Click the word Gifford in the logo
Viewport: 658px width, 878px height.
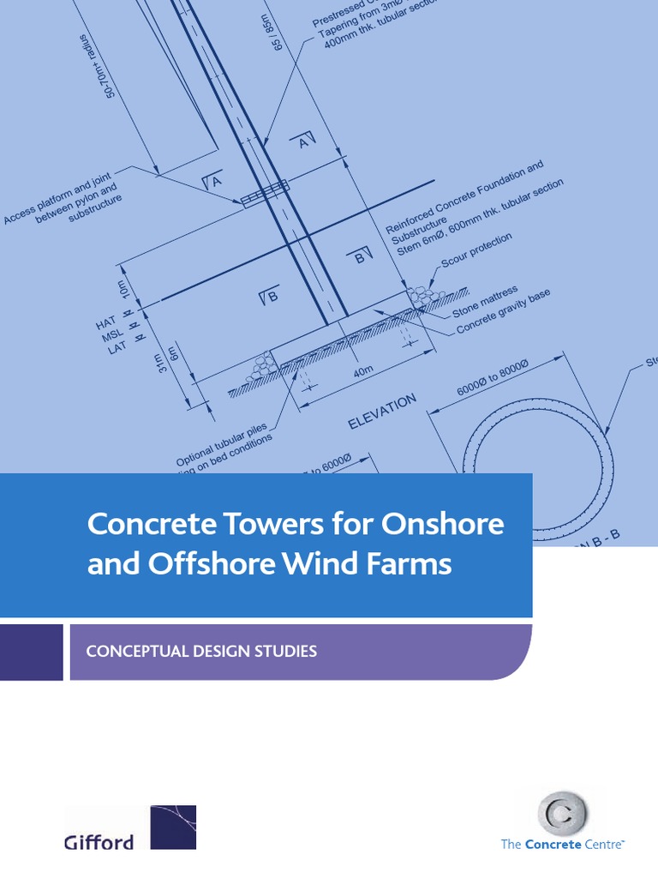point(99,842)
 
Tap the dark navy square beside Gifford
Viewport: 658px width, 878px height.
point(173,827)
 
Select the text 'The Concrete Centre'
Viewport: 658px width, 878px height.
point(563,845)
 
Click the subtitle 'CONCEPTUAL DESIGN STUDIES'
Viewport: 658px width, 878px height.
point(201,652)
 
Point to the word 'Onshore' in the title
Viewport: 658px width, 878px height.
point(442,524)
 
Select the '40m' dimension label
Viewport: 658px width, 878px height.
point(363,372)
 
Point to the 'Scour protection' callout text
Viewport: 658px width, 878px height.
point(476,250)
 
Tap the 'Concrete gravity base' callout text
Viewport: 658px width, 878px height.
point(503,311)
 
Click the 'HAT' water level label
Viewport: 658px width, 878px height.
point(105,324)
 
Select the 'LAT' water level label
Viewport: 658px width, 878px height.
point(117,348)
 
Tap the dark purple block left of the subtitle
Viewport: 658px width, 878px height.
point(31,652)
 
